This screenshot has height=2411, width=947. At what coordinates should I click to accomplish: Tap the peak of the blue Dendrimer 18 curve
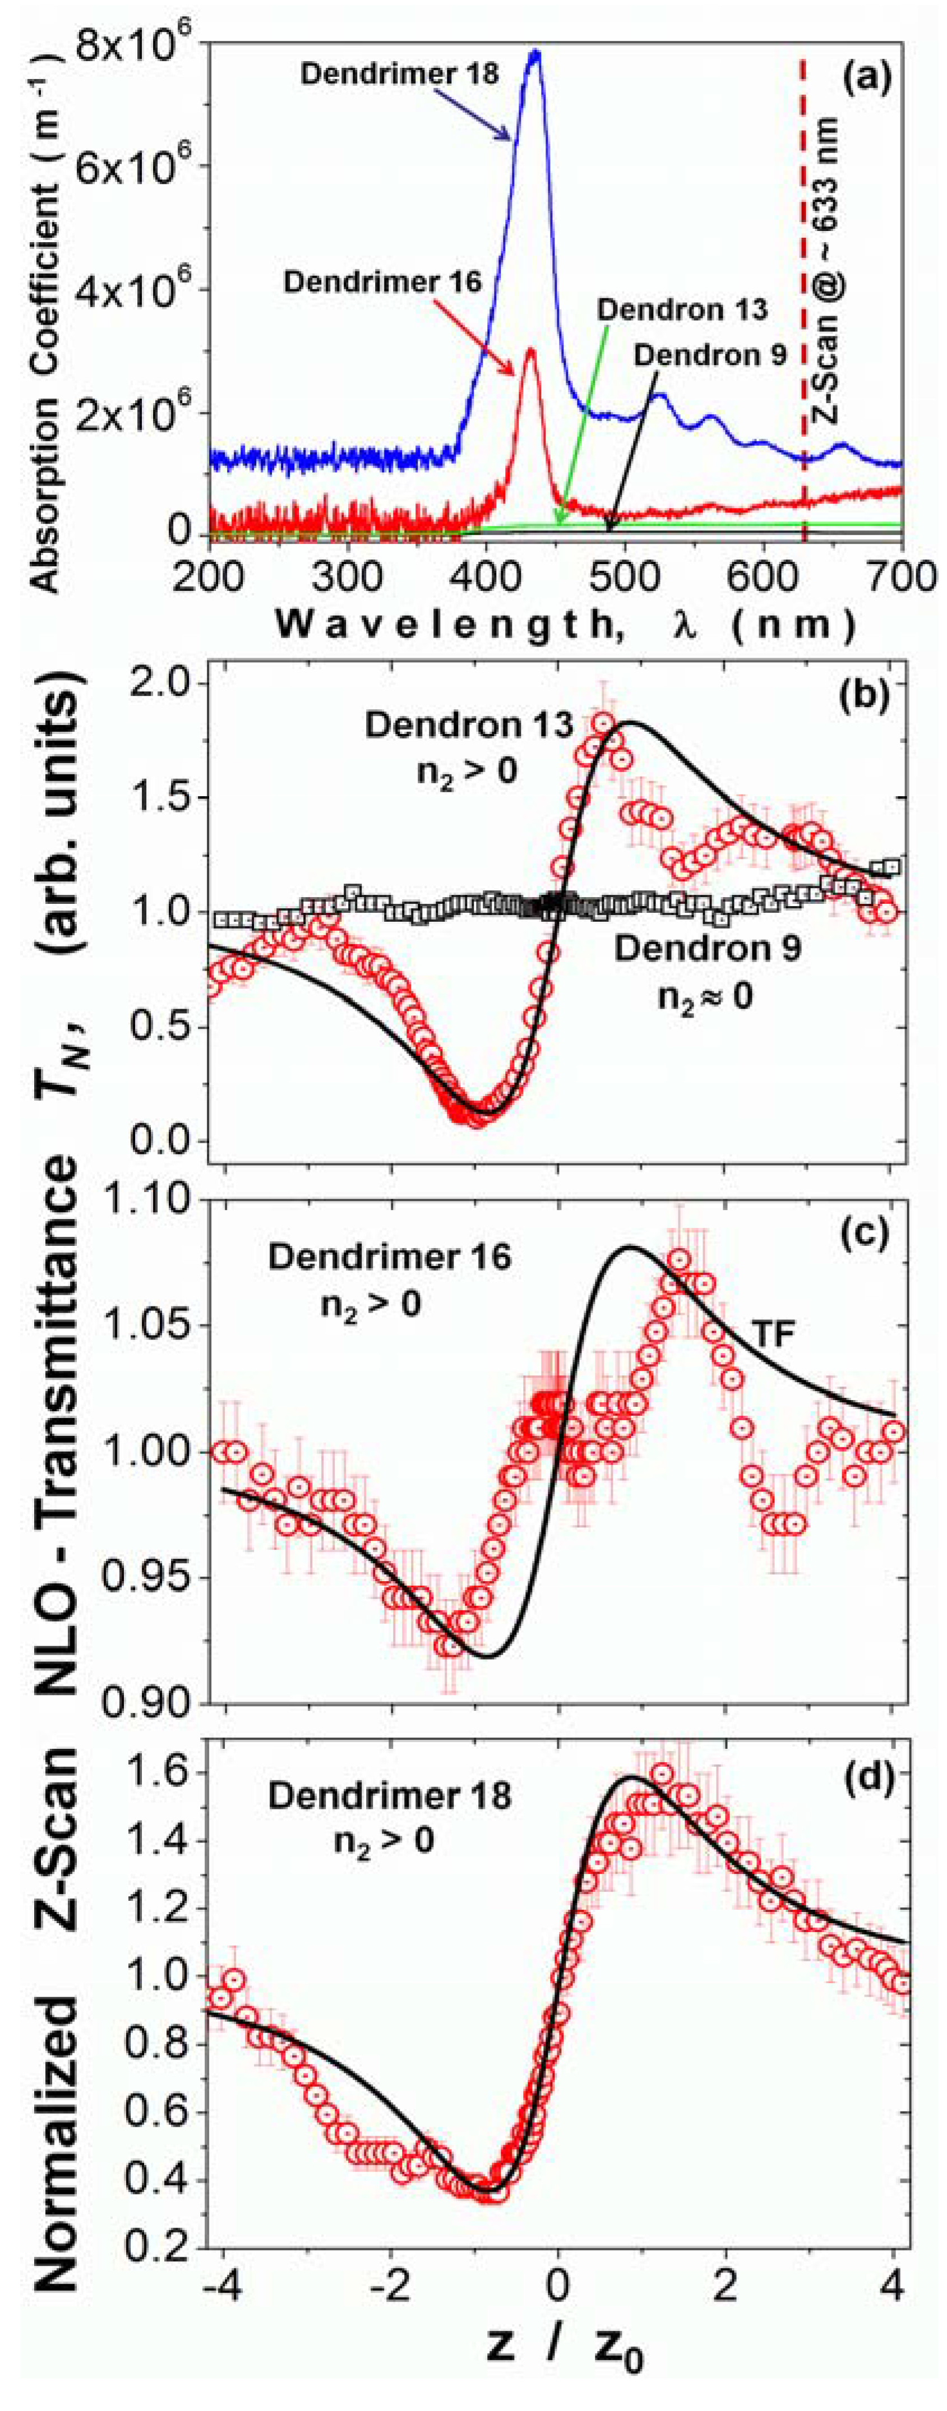tap(534, 52)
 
